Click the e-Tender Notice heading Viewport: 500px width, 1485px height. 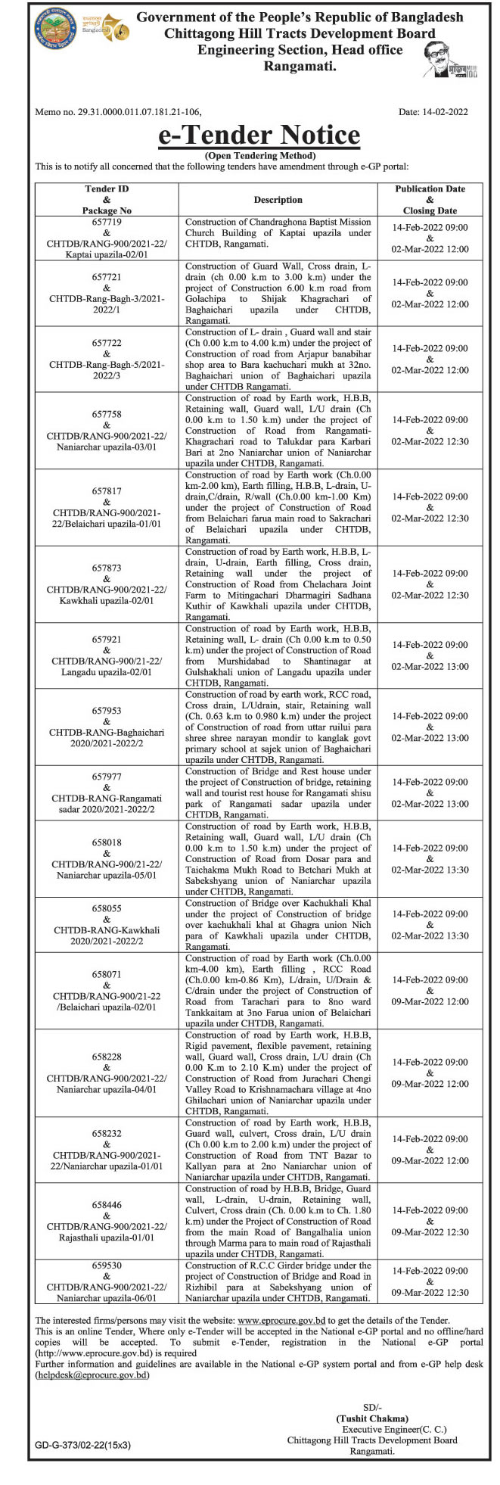259,135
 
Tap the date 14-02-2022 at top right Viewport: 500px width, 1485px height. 433,112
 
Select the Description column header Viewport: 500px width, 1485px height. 278,200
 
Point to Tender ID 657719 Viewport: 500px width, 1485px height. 107,223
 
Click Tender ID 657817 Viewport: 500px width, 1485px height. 107,491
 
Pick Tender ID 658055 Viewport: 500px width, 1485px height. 107,908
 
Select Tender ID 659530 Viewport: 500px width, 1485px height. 107,1265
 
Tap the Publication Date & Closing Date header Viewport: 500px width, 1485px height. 430,200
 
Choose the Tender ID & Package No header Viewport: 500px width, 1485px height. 107,200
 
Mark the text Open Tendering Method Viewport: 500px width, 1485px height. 259,155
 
